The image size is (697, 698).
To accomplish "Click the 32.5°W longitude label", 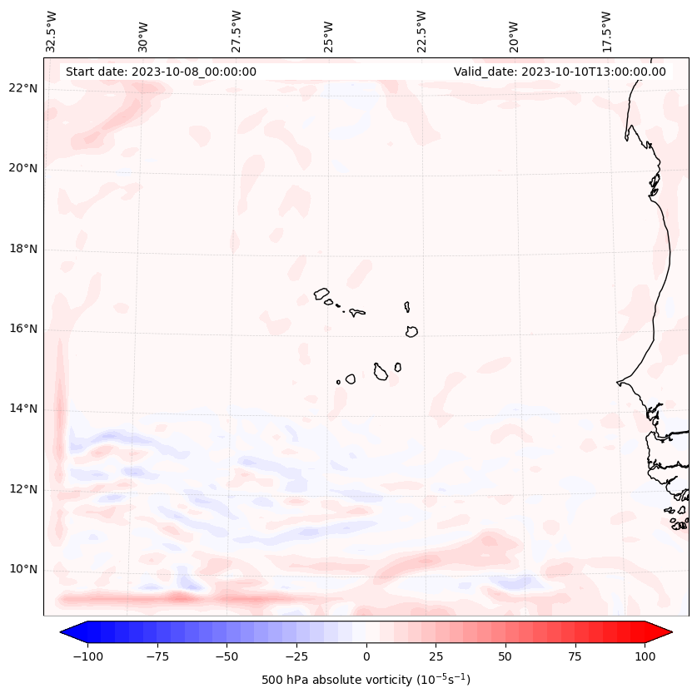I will coord(52,31).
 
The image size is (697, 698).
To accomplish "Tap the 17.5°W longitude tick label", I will coord(606,31).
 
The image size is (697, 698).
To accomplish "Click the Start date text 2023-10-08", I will coord(161,72).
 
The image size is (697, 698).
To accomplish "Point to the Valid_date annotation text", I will coord(560,72).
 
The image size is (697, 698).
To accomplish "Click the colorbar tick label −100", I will coord(87,656).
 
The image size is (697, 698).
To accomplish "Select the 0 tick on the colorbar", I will coord(366,656).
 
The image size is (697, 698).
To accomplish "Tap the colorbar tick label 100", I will coord(645,656).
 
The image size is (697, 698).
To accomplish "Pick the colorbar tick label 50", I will coord(505,656).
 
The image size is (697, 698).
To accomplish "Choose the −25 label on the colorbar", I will coord(296,656).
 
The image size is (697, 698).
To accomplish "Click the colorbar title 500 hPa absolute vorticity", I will coord(366,680).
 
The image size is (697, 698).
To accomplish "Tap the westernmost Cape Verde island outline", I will coord(321,294).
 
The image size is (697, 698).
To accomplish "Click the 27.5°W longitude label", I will coord(236,31).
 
